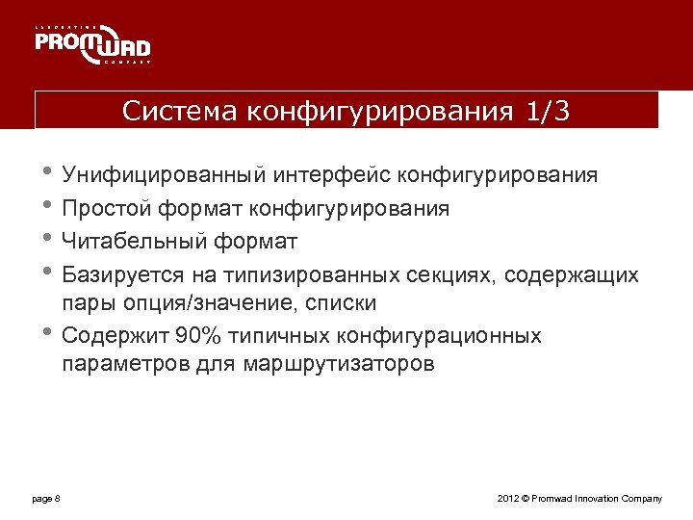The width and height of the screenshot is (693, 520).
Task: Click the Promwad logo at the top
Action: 93,44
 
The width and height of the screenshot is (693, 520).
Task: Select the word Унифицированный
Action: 163,176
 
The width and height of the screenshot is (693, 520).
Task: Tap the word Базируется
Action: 116,275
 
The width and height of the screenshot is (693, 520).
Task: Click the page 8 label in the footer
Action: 45,498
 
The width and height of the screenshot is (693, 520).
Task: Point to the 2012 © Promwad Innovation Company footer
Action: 579,498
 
